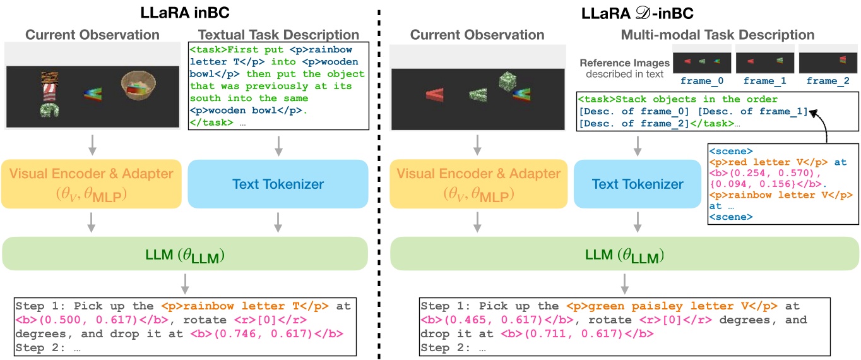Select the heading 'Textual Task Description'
(278, 35)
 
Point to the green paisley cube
(509, 81)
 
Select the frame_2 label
(828, 81)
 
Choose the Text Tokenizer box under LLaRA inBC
(278, 184)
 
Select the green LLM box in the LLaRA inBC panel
(185, 255)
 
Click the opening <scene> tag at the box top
(730, 152)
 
